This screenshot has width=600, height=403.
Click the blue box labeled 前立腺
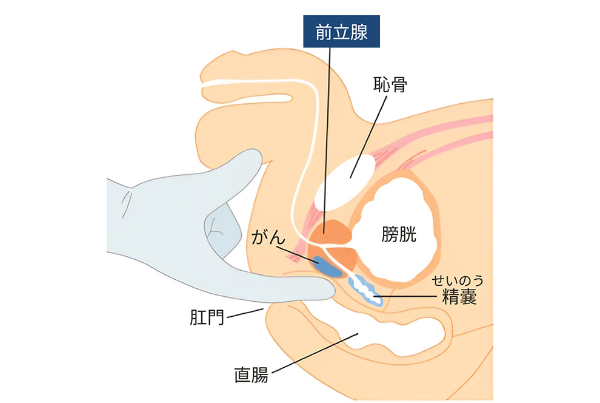pyautogui.click(x=342, y=32)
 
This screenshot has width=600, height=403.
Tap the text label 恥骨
pyautogui.click(x=389, y=86)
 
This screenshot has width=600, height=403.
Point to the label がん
pyautogui.click(x=268, y=237)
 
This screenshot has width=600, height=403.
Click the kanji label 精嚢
pyautogui.click(x=458, y=298)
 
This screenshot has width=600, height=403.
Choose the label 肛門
pyautogui.click(x=205, y=317)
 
